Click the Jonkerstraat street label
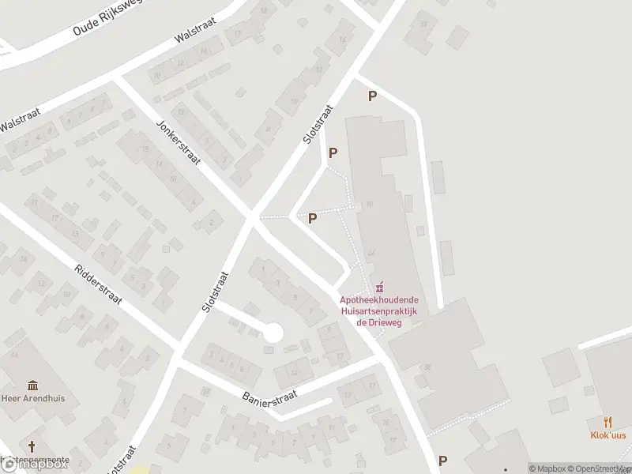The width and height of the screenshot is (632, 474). click(179, 142)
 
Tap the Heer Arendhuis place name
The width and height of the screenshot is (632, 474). click(33, 398)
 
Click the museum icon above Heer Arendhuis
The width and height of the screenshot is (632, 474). click(33, 386)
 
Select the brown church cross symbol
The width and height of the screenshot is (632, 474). click(32, 446)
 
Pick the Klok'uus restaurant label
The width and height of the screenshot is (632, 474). click(608, 435)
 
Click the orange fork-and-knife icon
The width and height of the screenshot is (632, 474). click(608, 423)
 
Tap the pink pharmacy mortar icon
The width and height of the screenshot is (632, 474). click(379, 286)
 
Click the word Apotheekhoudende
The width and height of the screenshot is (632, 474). click(379, 300)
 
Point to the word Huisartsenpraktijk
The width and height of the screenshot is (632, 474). click(379, 311)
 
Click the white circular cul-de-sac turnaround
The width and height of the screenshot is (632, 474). click(273, 333)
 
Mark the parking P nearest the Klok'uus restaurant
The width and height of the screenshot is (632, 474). click(442, 461)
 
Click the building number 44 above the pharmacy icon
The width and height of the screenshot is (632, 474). click(371, 252)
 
